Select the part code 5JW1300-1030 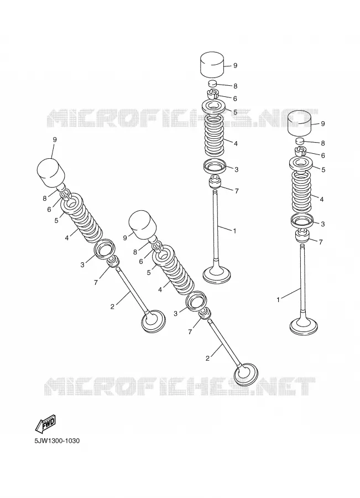pos(57,441)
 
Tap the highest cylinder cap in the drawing pos(212,65)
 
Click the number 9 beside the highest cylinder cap pos(235,65)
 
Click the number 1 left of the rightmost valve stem pos(278,299)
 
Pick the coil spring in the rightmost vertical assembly pos(301,191)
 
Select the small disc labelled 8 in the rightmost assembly pos(300,141)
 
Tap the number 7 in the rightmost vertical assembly pos(320,242)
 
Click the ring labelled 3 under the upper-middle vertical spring pos(215,165)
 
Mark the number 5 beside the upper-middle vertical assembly pos(235,112)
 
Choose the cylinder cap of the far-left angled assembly pos(51,173)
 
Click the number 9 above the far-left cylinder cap pos(55,139)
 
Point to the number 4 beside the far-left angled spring pos(67,237)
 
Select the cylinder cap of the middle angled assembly pos(142,224)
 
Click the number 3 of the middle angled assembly pos(175,314)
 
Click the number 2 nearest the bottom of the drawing pos(207,359)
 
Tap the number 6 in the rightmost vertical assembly pos(323,155)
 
